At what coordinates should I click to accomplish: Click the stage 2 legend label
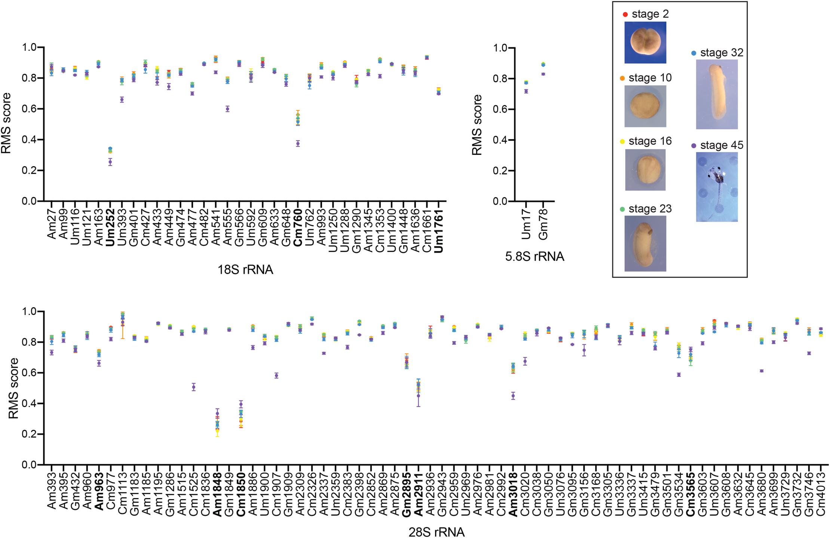[650, 14]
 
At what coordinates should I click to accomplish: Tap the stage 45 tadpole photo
[717, 187]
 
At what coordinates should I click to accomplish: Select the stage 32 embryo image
[717, 94]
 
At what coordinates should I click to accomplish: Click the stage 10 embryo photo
[645, 106]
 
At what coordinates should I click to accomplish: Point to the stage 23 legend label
[650, 209]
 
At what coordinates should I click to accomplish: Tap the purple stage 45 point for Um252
[110, 162]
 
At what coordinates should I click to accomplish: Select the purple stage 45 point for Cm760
[298, 143]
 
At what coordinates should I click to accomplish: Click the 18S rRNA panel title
[245, 270]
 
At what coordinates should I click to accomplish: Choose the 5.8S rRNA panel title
[535, 257]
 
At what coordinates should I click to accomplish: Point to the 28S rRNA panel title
[436, 532]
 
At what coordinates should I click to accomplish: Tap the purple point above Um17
[526, 91]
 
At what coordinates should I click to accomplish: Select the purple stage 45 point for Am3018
[513, 396]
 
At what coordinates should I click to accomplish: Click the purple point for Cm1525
[194, 387]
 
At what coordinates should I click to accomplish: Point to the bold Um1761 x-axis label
[439, 228]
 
